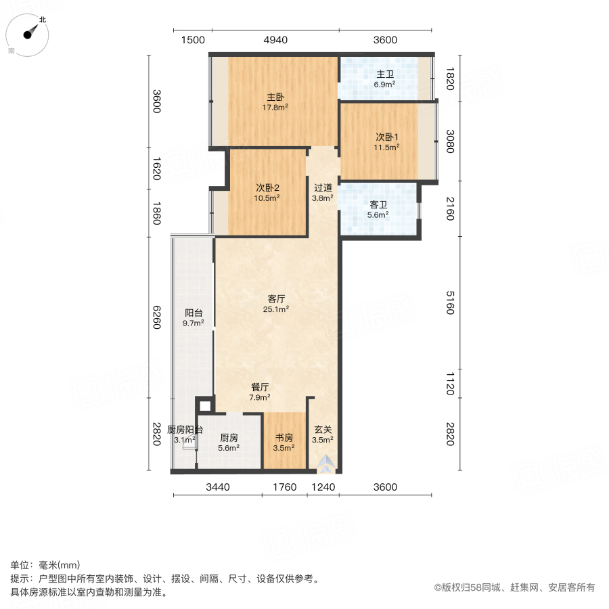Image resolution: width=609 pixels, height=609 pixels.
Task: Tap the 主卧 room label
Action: [x=275, y=97]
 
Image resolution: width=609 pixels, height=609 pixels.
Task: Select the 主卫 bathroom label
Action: [x=385, y=74]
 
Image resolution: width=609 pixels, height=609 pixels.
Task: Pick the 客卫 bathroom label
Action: [x=378, y=204]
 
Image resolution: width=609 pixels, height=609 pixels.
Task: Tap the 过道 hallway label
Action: [x=323, y=188]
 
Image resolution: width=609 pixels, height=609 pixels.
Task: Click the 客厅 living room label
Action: [x=276, y=298]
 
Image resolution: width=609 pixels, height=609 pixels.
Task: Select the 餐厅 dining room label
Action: [x=261, y=387]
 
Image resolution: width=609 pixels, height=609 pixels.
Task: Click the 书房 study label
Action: [x=284, y=437]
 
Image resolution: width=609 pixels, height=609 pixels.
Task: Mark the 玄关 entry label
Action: [x=323, y=429]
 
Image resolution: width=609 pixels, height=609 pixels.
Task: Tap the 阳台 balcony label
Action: [x=194, y=313]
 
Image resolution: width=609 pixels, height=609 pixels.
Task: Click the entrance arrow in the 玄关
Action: [x=327, y=462]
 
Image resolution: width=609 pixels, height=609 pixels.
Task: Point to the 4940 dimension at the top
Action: [x=275, y=40]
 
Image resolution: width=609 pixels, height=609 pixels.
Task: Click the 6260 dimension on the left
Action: [x=156, y=317]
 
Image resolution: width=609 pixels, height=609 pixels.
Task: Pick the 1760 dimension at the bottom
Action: [x=284, y=487]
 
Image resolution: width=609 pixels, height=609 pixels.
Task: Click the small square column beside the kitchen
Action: [x=204, y=407]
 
